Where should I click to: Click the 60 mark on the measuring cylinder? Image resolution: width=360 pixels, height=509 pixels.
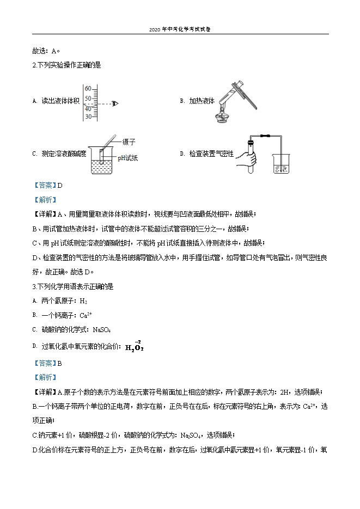tap(87, 88)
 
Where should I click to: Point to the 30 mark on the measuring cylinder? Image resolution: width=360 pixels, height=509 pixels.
tap(87, 116)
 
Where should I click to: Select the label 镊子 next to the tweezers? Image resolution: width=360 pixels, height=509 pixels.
tap(129, 142)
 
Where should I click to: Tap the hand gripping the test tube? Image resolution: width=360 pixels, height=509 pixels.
tap(249, 160)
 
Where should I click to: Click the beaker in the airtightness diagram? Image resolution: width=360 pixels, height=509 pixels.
tap(280, 163)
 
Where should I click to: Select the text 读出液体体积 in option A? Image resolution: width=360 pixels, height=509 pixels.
tap(60, 101)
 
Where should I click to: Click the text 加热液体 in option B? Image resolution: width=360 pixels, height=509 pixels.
tap(202, 101)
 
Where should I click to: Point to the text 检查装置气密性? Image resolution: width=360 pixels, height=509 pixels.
tap(211, 154)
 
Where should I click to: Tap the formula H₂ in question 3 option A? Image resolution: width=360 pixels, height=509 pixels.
tap(83, 301)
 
